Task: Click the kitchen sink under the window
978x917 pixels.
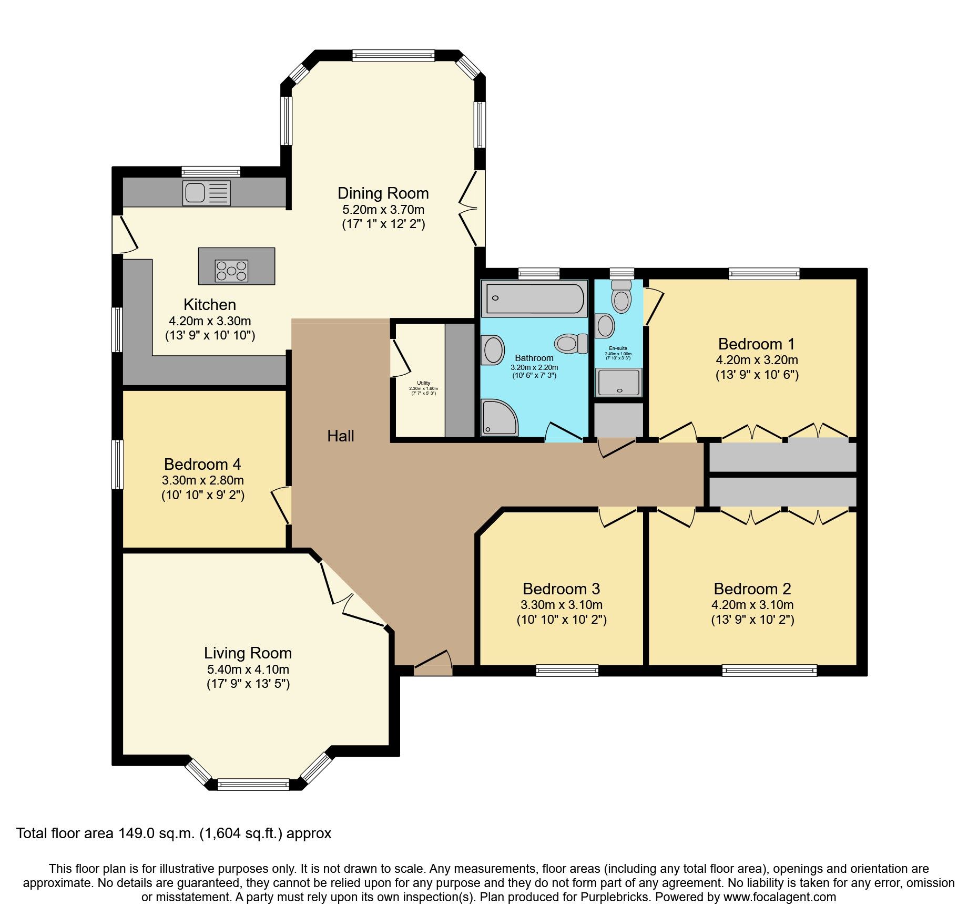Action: pos(206,192)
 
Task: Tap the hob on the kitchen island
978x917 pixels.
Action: pos(231,271)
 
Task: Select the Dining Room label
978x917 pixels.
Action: pos(383,193)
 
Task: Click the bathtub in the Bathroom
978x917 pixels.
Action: pos(534,298)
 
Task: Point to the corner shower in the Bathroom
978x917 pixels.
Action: pos(499,418)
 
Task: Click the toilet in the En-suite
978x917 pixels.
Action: pos(622,298)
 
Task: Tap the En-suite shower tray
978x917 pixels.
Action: pos(619,383)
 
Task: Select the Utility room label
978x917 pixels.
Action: pos(423,383)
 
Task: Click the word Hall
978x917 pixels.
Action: pos(340,436)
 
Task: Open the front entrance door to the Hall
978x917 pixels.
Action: pos(433,663)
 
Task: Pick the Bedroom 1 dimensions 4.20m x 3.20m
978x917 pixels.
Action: pos(757,360)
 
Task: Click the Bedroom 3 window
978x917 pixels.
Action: pos(567,670)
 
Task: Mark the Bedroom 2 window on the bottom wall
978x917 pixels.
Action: pos(769,670)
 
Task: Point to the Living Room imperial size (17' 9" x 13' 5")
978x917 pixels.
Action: pos(248,684)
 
